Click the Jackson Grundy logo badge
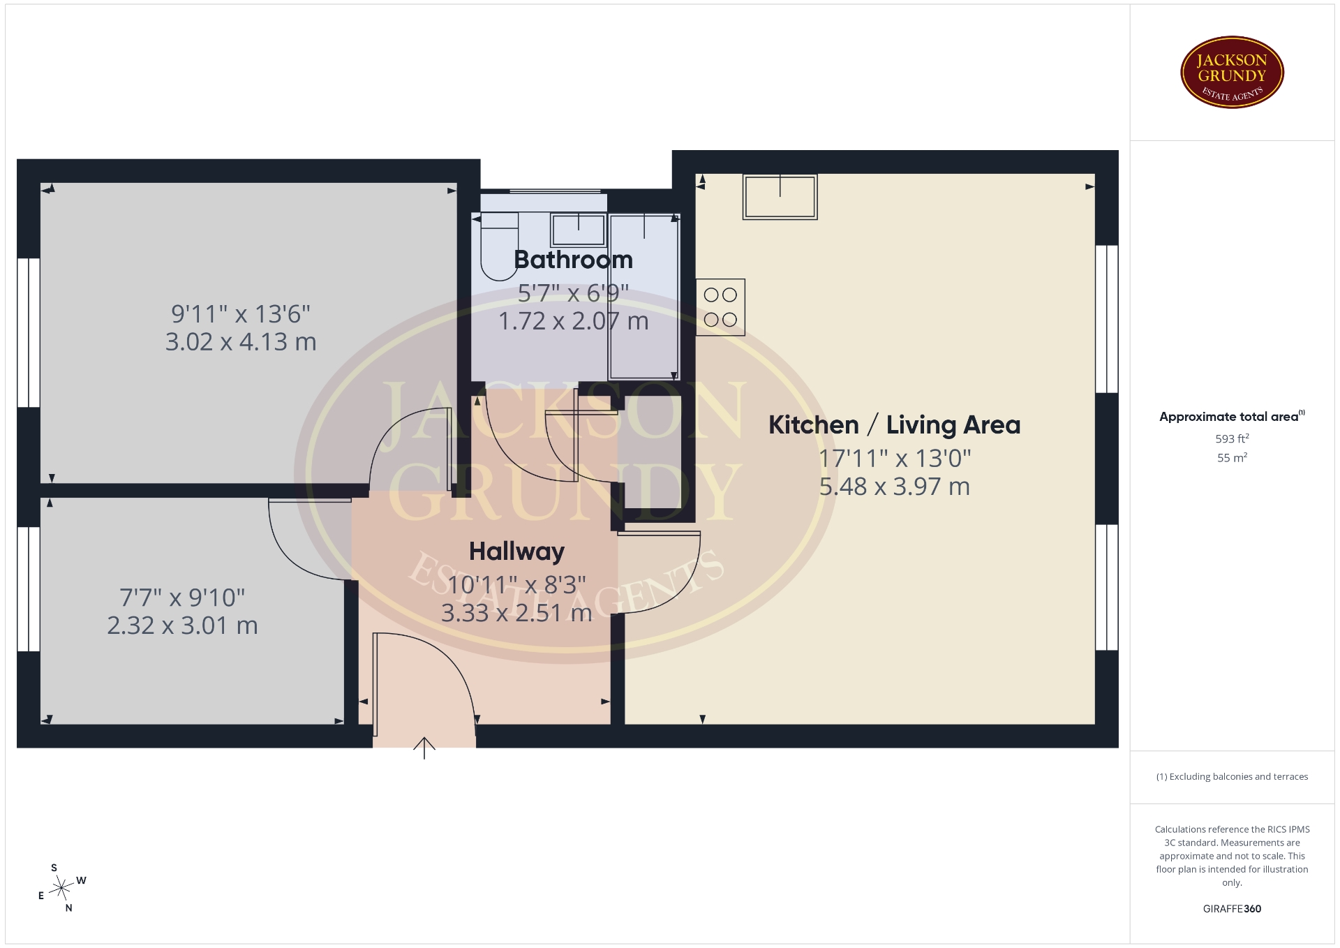1232,73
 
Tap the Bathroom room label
574,260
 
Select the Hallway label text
516,551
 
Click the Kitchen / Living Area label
894,424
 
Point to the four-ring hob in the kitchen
720,307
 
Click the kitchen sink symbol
780,197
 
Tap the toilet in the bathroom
500,247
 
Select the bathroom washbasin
578,230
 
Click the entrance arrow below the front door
424,748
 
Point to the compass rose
62,888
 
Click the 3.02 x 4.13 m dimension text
241,342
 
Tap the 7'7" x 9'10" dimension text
182,598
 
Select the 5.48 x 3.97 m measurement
894,487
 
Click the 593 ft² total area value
1232,438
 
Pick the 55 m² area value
1232,457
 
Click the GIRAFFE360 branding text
1232,909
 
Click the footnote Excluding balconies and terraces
1232,776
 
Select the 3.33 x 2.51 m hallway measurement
516,613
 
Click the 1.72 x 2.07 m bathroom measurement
574,321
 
